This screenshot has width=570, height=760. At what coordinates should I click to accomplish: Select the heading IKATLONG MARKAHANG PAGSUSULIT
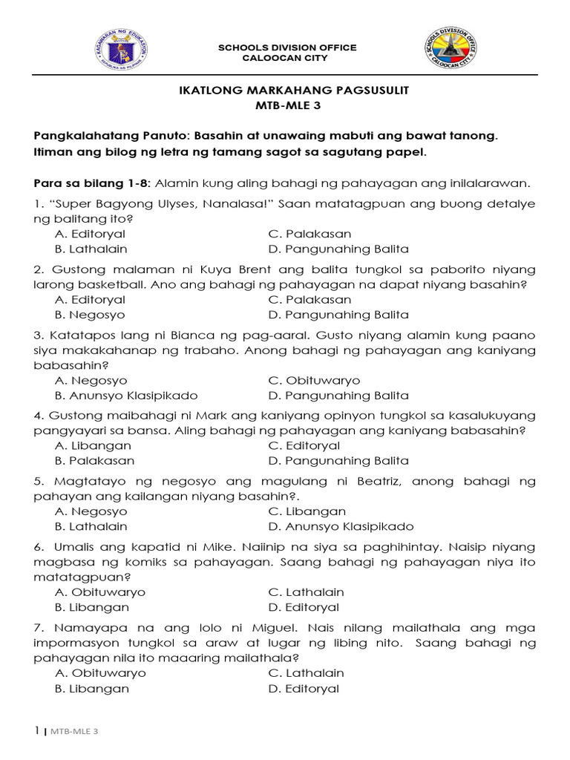(x=285, y=90)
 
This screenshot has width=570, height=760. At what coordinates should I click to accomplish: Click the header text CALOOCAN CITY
(x=286, y=58)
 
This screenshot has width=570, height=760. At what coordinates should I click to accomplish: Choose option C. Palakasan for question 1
(x=309, y=235)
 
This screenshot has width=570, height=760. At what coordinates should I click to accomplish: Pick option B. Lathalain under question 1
(x=91, y=249)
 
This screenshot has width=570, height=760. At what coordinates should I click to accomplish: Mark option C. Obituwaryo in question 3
(x=314, y=381)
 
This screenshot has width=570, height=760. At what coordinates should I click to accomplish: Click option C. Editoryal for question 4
(x=304, y=446)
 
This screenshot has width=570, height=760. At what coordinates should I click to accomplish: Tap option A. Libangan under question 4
(x=94, y=446)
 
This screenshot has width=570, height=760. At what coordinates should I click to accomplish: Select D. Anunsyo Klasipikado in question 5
(x=341, y=527)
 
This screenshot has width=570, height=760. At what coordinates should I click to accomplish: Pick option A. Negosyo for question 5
(x=91, y=511)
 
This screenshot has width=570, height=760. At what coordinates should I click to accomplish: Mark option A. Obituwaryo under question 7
(x=100, y=673)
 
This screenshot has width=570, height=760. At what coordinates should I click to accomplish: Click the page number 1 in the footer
(x=36, y=731)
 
